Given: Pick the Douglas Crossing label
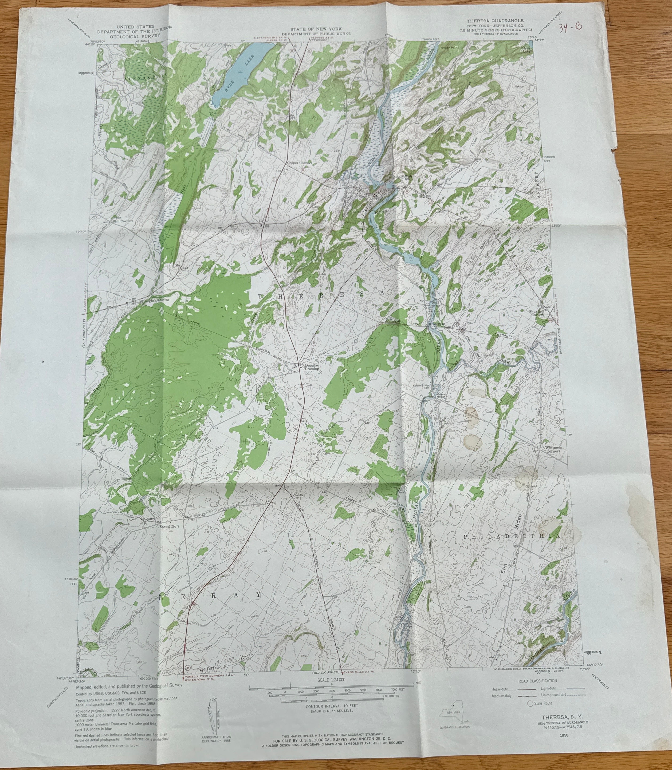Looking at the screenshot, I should pyautogui.click(x=311, y=366).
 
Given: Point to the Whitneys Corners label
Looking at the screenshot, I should pyautogui.click(x=552, y=449).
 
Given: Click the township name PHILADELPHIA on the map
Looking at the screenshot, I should pyautogui.click(x=512, y=537).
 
